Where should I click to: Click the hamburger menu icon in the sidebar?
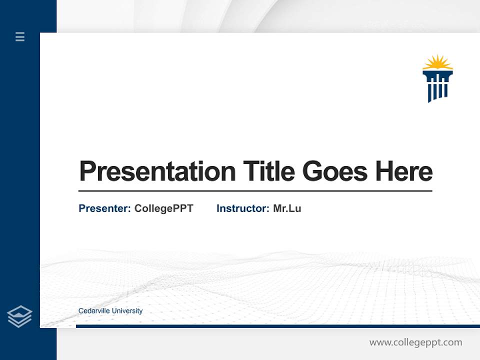20,36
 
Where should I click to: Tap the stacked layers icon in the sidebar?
19,316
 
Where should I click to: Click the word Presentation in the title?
157,171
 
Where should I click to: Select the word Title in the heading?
268,171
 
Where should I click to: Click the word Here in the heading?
404,171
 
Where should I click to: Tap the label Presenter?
104,208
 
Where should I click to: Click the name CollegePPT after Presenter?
163,208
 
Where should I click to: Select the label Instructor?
242,208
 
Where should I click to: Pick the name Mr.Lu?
287,208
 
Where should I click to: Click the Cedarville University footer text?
110,311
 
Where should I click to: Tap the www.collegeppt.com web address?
415,342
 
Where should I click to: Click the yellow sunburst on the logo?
437,63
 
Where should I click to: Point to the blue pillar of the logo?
437,86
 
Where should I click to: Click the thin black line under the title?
255,191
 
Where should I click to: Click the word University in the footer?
127,311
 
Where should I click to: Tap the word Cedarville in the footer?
94,311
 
